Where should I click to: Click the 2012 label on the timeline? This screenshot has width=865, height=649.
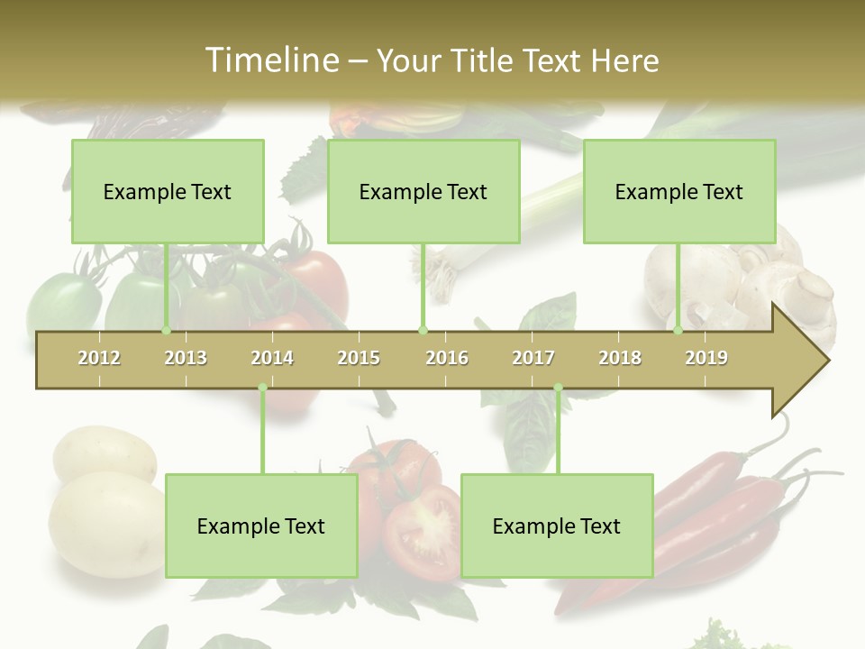tap(99, 358)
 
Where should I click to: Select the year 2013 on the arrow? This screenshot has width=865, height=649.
tap(186, 358)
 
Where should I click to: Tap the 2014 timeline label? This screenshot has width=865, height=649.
tap(272, 358)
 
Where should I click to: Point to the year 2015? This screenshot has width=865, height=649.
tap(359, 358)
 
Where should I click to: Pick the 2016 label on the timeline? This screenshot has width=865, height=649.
tap(447, 358)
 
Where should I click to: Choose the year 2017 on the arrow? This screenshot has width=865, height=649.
tap(533, 358)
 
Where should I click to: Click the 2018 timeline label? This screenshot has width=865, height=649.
tap(620, 358)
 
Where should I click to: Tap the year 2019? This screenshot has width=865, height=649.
tap(706, 358)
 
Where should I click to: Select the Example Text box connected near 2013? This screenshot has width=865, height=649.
tap(168, 191)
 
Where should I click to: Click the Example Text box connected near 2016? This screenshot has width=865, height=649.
tap(423, 191)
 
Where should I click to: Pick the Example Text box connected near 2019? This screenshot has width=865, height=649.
tap(679, 191)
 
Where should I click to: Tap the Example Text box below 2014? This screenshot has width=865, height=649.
tap(261, 526)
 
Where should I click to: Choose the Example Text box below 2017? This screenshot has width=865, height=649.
tap(557, 526)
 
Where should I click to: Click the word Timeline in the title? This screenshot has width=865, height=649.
tap(270, 60)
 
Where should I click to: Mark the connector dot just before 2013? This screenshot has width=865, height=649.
tap(167, 330)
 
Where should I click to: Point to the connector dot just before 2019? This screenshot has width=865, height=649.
tap(678, 330)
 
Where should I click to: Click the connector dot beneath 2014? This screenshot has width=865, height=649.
tap(262, 388)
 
